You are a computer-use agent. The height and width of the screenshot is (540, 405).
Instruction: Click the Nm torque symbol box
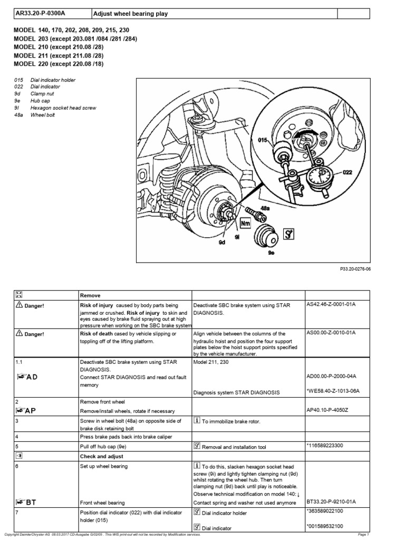coord(245,224)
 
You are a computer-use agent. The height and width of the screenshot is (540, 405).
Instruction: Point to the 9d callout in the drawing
coord(222,242)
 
